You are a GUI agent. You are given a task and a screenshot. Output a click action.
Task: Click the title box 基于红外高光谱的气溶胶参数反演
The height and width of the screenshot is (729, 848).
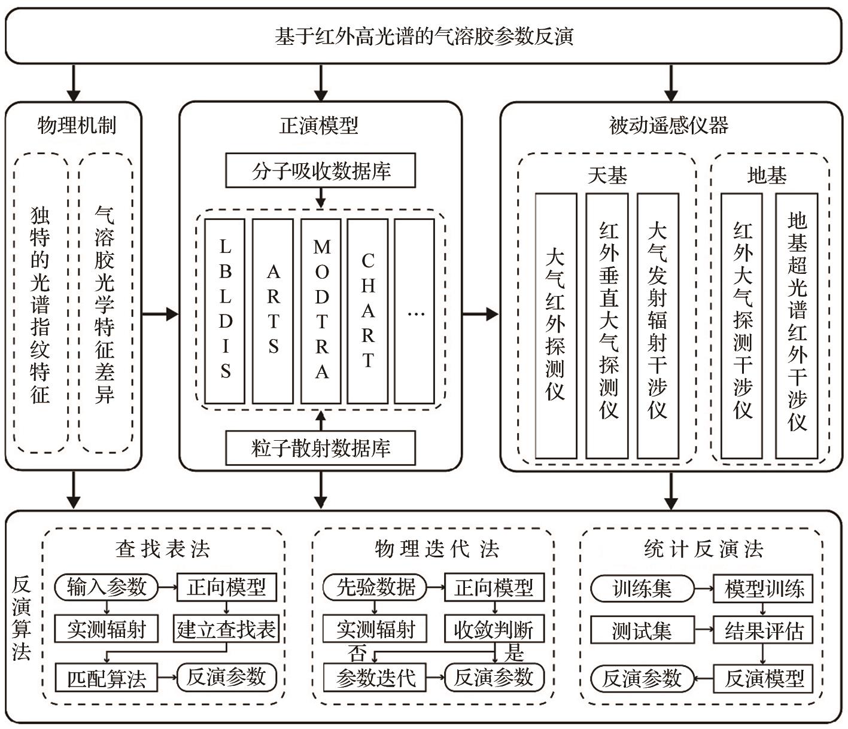pos(424,36)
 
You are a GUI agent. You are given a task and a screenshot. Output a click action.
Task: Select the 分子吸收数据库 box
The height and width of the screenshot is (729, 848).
pos(321,171)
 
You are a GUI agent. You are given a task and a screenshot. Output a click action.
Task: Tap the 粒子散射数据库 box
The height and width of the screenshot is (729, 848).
pos(321,448)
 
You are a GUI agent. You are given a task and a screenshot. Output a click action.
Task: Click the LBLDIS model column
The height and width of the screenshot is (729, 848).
pos(225,311)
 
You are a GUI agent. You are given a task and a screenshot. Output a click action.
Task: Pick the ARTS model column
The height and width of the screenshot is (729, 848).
pos(273,311)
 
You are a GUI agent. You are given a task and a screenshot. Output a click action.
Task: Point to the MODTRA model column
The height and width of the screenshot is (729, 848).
pos(321,311)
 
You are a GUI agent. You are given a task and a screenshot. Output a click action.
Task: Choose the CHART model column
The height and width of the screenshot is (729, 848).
pos(367,311)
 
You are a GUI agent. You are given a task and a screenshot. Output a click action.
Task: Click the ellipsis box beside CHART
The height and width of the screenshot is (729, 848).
pos(415,311)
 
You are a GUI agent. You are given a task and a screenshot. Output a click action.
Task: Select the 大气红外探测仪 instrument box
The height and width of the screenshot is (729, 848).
pos(556,325)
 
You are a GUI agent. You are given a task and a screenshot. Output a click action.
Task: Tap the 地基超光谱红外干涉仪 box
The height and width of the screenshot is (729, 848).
pos(797,325)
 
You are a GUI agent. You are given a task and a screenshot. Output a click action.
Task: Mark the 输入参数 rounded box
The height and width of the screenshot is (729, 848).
pos(107,587)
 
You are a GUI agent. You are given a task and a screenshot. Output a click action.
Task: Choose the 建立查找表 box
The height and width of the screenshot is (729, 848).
pos(226,630)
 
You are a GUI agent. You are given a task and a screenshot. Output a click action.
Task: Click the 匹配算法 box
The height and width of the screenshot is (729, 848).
pos(107,679)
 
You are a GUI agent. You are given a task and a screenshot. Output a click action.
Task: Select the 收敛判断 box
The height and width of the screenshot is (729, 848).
pos(494,630)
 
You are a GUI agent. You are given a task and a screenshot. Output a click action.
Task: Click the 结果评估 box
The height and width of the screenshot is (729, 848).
pos(764,631)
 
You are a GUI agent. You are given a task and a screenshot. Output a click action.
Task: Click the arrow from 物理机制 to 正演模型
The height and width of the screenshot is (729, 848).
pos(160,313)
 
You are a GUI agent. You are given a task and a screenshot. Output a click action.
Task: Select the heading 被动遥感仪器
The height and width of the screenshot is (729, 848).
pos(669,126)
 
